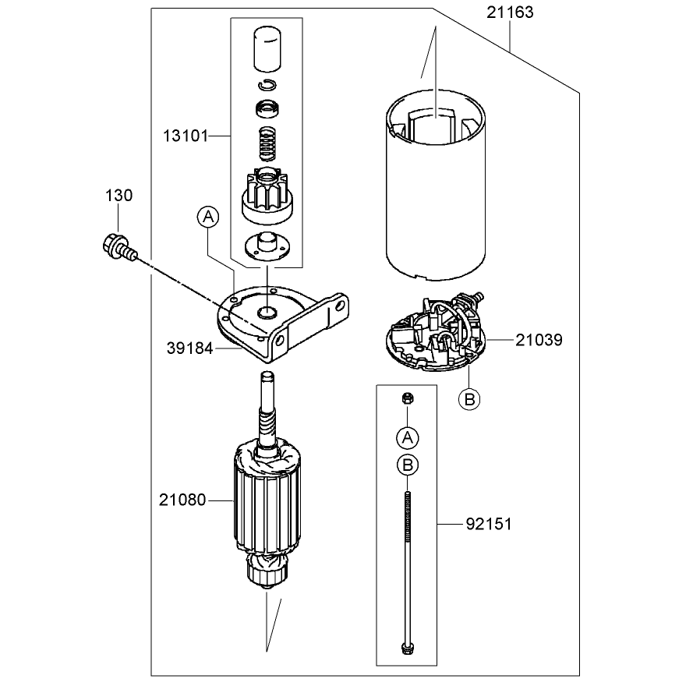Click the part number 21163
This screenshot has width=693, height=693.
coord(510,12)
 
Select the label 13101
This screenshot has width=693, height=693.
coord(186,136)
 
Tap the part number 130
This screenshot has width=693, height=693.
coord(119,196)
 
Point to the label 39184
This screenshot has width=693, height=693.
coord(190,348)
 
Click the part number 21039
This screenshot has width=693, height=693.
coord(539,340)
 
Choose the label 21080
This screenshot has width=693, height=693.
coord(182,500)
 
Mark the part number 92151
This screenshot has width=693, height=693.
coord(489,524)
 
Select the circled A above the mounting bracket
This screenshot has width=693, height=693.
coord(208,217)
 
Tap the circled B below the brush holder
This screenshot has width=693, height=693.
coord(469,400)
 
